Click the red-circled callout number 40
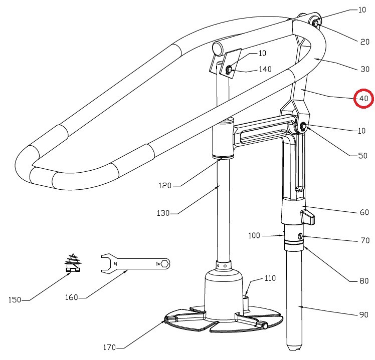pyautogui.click(x=363, y=99)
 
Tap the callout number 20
pyautogui.click(x=364, y=42)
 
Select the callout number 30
pyautogui.click(x=364, y=70)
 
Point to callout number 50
pyautogui.click(x=362, y=156)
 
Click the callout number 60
pyautogui.click(x=364, y=213)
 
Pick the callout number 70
pyautogui.click(x=364, y=241)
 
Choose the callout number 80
pyautogui.click(x=364, y=281)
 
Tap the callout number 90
pyautogui.click(x=364, y=315)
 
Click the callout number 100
pyautogui.click(x=255, y=235)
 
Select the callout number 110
pyautogui.click(x=270, y=278)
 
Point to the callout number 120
pyautogui.click(x=165, y=186)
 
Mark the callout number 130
pyautogui.click(x=163, y=213)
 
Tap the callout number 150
pyautogui.click(x=15, y=300)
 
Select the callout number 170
pyautogui.click(x=110, y=347)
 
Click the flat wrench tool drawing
pyautogui.click(x=136, y=263)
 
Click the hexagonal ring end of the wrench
pyautogui.click(x=164, y=263)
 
